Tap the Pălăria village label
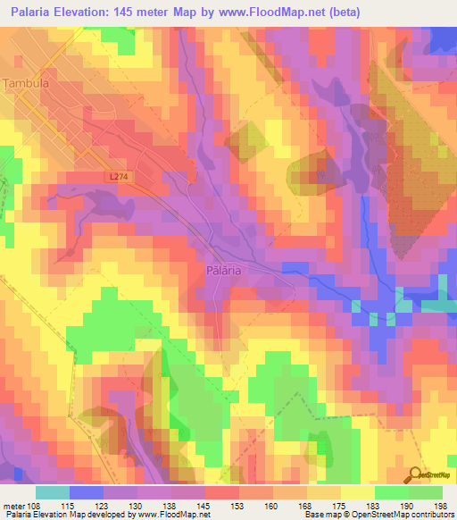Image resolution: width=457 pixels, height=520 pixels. (x=224, y=269)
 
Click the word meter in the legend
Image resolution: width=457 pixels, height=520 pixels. (x=14, y=506)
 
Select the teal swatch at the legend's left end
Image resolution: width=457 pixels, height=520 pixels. (x=53, y=492)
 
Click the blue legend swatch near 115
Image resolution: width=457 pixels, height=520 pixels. (x=87, y=492)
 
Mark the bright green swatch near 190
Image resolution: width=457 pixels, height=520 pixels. (x=392, y=492)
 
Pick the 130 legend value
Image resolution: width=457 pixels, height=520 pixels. (x=137, y=506)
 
